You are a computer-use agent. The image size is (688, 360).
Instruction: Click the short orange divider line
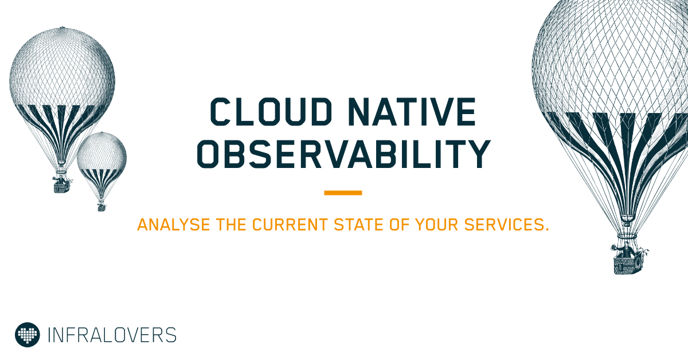click(343, 193)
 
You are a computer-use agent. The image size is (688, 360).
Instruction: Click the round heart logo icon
click(27, 334)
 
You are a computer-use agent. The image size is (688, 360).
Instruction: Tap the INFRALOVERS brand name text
click(112, 334)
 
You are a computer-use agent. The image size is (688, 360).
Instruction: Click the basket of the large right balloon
click(627, 265)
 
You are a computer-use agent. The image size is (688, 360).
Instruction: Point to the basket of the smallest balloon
click(101, 206)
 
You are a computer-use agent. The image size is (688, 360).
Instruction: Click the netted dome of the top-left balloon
click(62, 66)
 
